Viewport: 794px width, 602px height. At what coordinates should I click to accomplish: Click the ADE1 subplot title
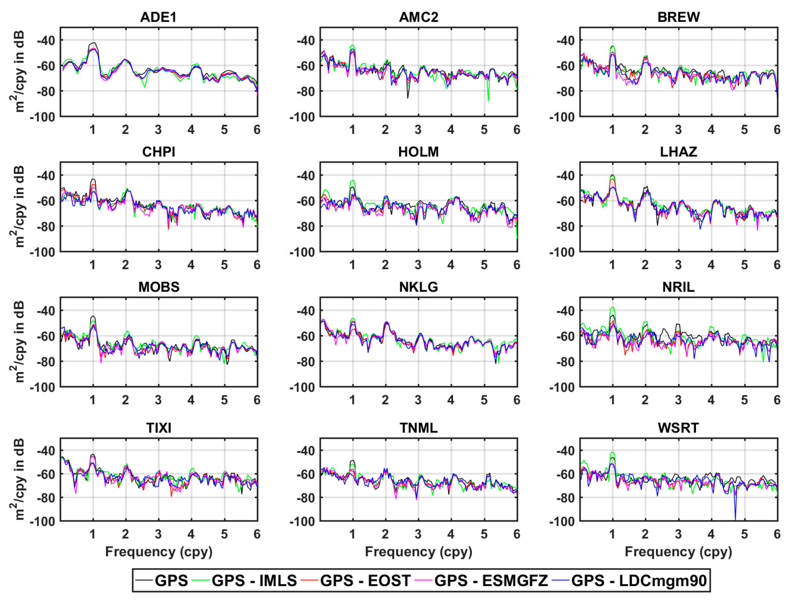tap(158, 17)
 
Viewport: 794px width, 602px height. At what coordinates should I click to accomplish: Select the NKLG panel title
tap(418, 287)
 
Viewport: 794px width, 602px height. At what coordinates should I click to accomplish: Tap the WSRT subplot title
tap(678, 428)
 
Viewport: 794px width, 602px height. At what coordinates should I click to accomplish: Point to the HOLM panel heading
tap(418, 152)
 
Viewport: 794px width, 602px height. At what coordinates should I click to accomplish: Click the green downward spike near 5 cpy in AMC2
tap(488, 100)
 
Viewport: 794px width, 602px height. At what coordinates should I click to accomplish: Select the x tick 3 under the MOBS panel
tap(158, 400)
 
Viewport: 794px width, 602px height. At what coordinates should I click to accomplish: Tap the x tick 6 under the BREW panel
tap(777, 130)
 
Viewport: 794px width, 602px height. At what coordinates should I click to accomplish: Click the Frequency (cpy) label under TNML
tap(418, 552)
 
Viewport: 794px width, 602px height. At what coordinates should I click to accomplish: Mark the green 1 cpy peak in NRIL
tap(613, 308)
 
